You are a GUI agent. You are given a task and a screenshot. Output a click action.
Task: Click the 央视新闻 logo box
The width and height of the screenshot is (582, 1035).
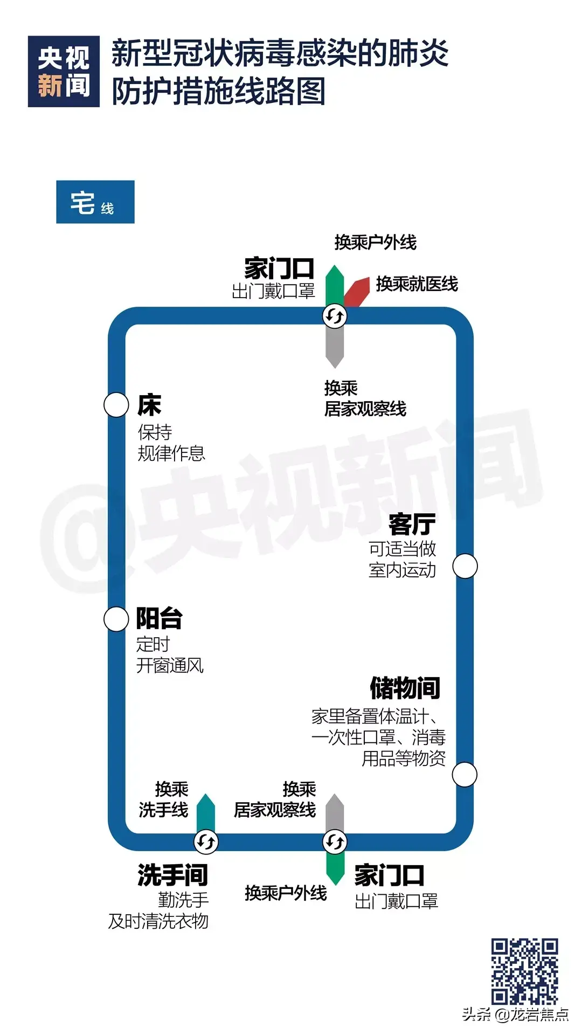pyautogui.click(x=64, y=72)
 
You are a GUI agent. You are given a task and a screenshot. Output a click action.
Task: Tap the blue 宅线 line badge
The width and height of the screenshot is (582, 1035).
pyautogui.click(x=95, y=202)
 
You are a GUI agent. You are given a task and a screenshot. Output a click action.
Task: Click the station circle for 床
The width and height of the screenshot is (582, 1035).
pyautogui.click(x=116, y=405)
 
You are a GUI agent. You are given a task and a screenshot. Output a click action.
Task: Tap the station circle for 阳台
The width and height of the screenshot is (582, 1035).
pyautogui.click(x=116, y=619)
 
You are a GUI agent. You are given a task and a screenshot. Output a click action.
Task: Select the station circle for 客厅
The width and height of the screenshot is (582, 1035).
pyautogui.click(x=465, y=566)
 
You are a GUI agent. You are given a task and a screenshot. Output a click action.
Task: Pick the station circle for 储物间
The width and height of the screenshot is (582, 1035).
pyautogui.click(x=465, y=775)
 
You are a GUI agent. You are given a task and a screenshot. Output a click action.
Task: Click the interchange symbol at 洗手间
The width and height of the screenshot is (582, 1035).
pyautogui.click(x=206, y=841)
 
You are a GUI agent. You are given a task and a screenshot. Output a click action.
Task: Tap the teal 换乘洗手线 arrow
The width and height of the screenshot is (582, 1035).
pyautogui.click(x=206, y=813)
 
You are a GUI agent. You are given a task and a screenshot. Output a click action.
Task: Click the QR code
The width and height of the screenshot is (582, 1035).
pyautogui.click(x=524, y=971)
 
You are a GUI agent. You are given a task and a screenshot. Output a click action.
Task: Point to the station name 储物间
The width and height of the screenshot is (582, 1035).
pyautogui.click(x=405, y=688)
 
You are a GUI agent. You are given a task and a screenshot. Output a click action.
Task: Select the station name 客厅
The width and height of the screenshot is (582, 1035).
pyautogui.click(x=412, y=523)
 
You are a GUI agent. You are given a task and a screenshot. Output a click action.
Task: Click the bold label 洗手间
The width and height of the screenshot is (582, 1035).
pyautogui.click(x=172, y=875)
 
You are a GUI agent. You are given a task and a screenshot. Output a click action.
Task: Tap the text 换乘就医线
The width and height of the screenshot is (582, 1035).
pyautogui.click(x=417, y=284)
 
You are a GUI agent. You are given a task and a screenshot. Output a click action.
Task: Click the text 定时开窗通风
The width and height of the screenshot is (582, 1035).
pyautogui.click(x=170, y=655)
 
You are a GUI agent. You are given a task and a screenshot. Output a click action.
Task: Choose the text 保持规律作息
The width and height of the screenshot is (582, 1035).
pyautogui.click(x=171, y=443)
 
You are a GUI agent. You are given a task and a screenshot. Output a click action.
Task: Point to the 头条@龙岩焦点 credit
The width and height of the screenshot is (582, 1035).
pyautogui.click(x=515, y=1015)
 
